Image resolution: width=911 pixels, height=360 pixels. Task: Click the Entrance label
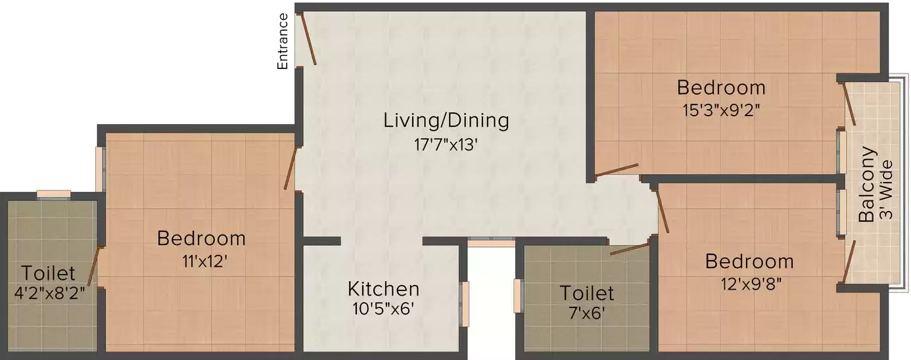[283, 41]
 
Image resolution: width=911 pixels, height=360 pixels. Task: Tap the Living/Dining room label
[446, 121]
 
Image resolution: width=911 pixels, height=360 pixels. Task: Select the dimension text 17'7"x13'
[446, 144]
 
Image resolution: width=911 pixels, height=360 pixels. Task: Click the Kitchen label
[383, 288]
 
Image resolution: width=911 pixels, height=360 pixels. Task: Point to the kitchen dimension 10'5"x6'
[383, 309]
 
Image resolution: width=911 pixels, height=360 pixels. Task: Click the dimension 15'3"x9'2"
[721, 110]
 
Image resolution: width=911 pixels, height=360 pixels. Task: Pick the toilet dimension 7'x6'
[586, 313]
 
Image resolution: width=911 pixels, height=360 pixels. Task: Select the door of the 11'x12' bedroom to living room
[290, 169]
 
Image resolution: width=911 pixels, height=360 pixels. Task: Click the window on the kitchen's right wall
[465, 304]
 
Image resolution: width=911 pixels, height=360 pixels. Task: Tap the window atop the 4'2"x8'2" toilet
[53, 194]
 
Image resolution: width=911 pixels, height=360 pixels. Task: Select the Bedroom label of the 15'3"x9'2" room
[721, 87]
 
